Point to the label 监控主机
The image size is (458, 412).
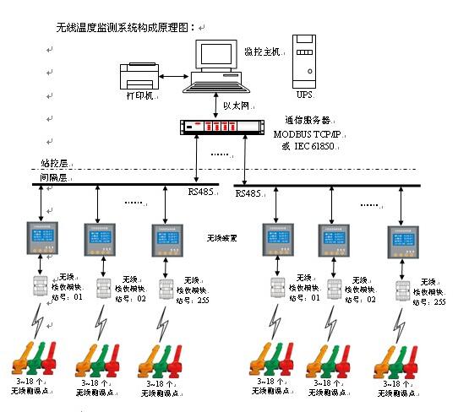(x=259, y=51)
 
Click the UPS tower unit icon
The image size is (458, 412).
(x=304, y=55)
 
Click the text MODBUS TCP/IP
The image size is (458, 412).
(x=307, y=133)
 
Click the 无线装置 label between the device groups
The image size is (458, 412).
(x=221, y=239)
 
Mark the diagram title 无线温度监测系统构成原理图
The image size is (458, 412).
(x=123, y=27)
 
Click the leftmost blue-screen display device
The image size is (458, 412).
(x=39, y=239)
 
